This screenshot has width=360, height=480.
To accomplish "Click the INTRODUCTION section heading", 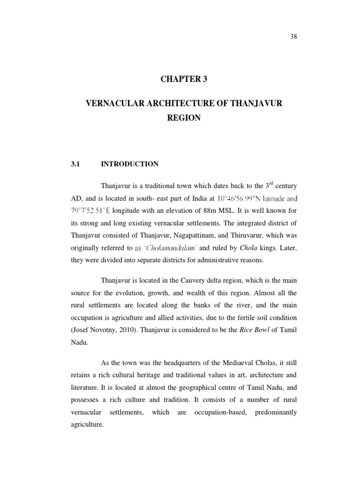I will [x=129, y=164].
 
